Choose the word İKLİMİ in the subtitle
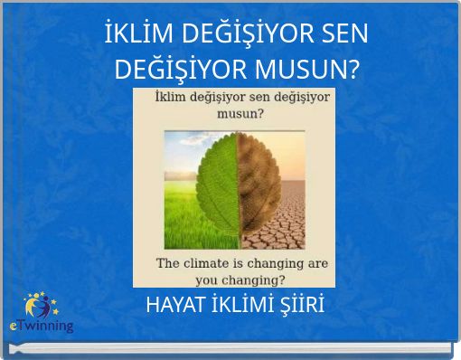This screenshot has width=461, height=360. (x=242, y=305)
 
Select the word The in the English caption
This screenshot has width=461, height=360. (x=169, y=264)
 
